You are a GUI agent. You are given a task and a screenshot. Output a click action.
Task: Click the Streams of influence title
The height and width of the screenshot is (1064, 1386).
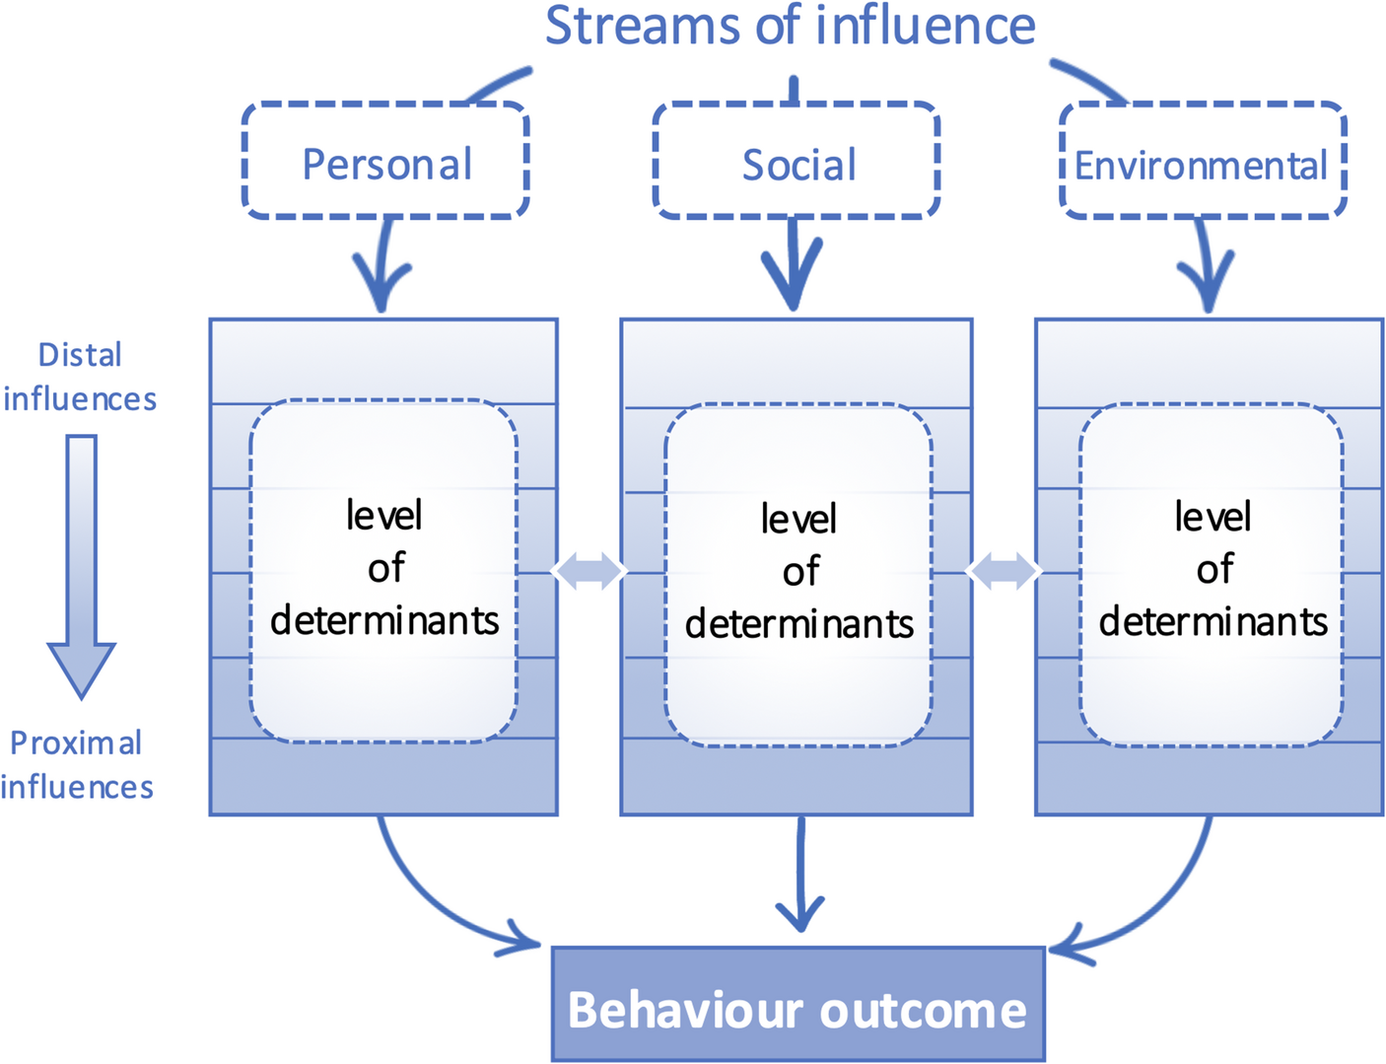pyautogui.click(x=791, y=26)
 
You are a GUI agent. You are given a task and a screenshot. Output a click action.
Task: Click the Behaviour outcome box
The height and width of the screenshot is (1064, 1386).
pyautogui.click(x=797, y=1005)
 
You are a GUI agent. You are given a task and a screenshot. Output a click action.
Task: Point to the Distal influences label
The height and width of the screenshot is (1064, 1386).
pyautogui.click(x=80, y=377)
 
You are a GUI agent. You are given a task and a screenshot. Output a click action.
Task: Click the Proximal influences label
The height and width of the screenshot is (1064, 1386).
pyautogui.click(x=77, y=765)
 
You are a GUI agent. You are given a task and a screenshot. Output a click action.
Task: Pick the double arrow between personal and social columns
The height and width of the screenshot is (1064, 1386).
pyautogui.click(x=589, y=571)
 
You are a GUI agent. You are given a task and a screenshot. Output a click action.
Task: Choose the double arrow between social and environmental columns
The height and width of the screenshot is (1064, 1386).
pyautogui.click(x=1004, y=571)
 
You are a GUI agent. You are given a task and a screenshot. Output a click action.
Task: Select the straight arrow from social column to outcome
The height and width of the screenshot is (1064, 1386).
pyautogui.click(x=800, y=874)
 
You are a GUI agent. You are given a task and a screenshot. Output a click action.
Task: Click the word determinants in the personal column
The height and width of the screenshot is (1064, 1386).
pyautogui.click(x=384, y=621)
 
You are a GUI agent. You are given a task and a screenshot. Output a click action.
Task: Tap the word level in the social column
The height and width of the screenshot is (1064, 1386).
pyautogui.click(x=798, y=520)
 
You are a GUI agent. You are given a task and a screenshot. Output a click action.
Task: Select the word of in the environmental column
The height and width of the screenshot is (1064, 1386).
pyautogui.click(x=1214, y=569)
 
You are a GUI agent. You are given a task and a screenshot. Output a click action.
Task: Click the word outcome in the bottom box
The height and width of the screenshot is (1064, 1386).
pyautogui.click(x=924, y=1010)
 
